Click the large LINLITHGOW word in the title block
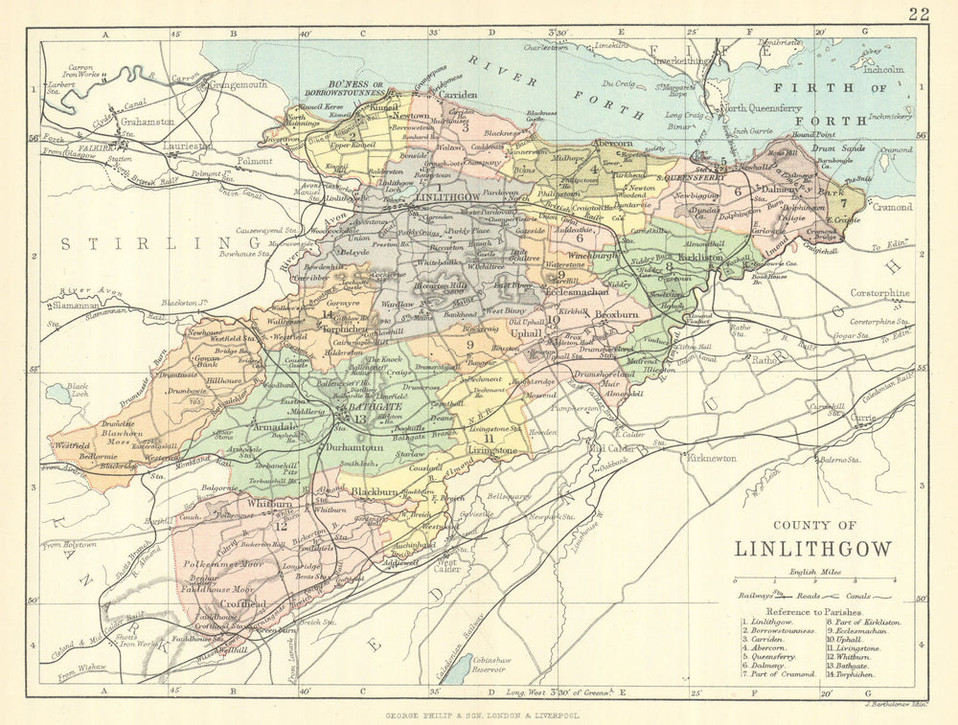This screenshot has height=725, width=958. pos(812,549)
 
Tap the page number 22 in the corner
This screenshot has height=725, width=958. pos(920,12)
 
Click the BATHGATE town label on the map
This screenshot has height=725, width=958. pos(360,407)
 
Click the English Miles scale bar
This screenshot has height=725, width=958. pos(814,581)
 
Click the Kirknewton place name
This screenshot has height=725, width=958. pos(711,458)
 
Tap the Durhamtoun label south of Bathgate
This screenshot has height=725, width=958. pos(356,447)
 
